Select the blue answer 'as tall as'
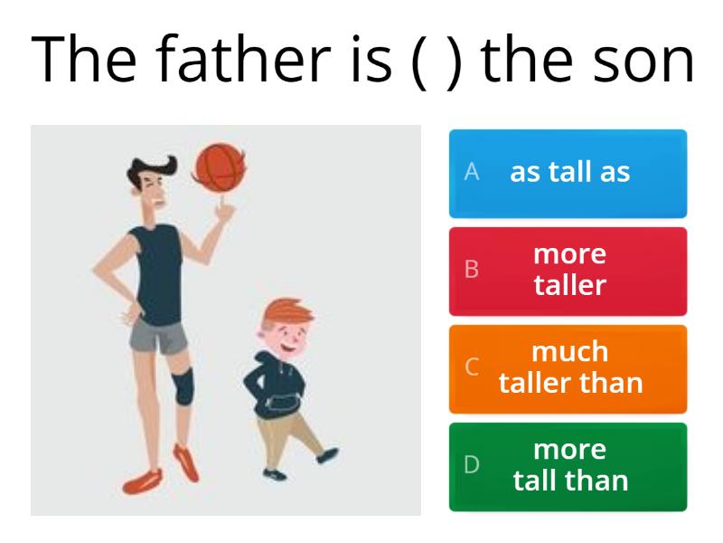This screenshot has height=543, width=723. (x=568, y=173)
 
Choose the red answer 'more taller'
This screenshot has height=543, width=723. (x=568, y=271)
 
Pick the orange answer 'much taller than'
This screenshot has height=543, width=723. (x=568, y=368)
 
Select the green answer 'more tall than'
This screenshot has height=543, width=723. (x=568, y=466)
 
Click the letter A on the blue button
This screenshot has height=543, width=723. (x=471, y=173)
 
